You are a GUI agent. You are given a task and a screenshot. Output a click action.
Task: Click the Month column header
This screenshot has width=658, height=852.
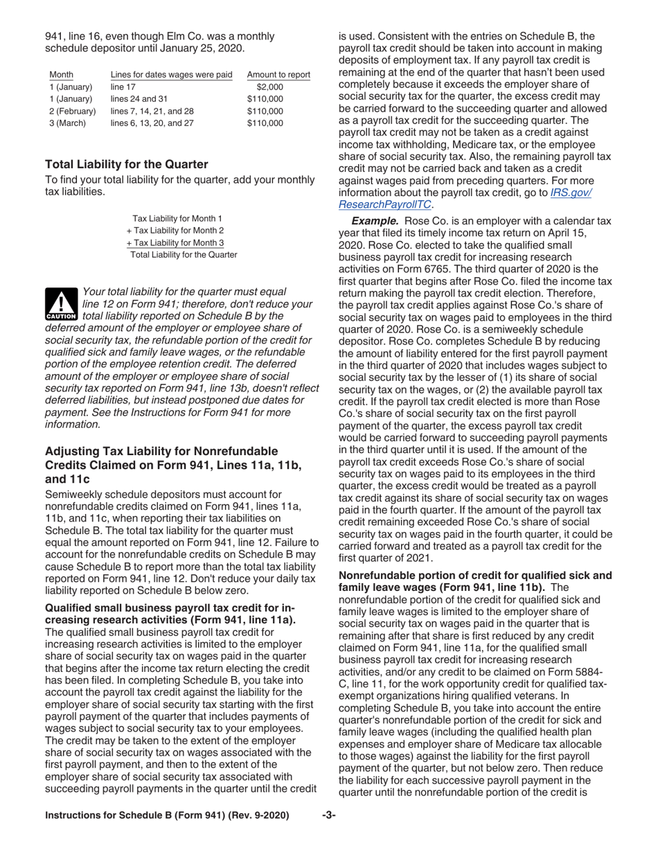pyautogui.click(x=61, y=75)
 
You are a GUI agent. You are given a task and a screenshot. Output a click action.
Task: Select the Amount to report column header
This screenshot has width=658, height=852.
pyautogui.click(x=278, y=75)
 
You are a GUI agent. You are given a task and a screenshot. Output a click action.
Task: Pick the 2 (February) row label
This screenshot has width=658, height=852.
pyautogui.click(x=71, y=111)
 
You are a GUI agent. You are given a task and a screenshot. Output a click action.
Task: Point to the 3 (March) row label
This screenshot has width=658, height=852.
pyautogui.click(x=66, y=123)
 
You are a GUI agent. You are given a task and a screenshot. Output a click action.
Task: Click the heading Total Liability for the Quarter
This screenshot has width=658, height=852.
pyautogui.click(x=126, y=164)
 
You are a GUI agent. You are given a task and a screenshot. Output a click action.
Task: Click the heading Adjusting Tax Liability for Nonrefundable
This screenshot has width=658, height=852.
pyautogui.click(x=161, y=451)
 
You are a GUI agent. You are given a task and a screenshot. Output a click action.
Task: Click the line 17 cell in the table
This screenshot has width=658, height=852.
pyautogui.click(x=119, y=87)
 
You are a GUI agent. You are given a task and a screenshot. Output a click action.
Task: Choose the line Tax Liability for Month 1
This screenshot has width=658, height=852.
pyautogui.click(x=177, y=218)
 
